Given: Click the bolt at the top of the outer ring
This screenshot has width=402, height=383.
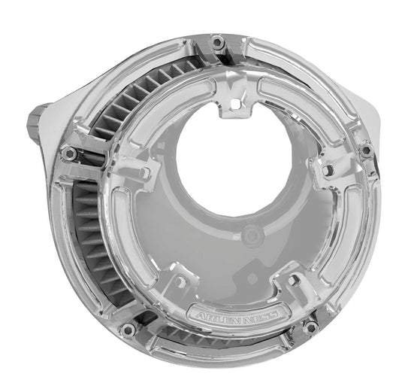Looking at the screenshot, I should pyautogui.click(x=218, y=43).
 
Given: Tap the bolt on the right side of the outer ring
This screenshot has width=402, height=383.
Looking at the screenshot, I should pyautogui.click(x=366, y=150).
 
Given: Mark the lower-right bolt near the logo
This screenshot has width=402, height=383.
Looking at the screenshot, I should pyautogui.click(x=310, y=326).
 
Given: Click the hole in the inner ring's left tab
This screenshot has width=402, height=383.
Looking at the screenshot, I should pyautogui.click(x=144, y=174).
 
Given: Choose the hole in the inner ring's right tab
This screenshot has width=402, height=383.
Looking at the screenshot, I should pyautogui.click(x=328, y=171).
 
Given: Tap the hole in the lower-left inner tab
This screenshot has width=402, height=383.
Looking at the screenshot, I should pyautogui.click(x=180, y=281).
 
